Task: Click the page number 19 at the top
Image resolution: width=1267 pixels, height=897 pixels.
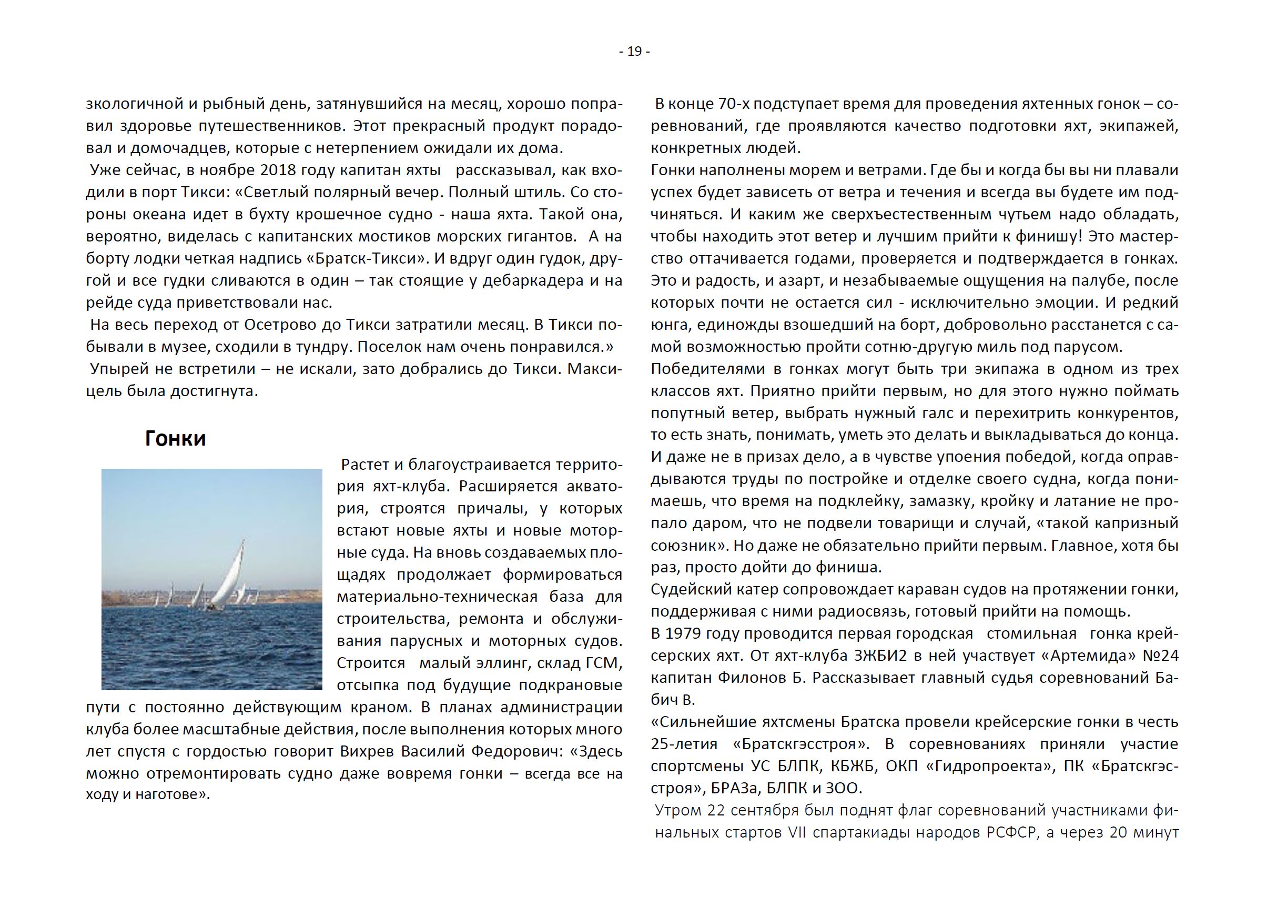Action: coord(634,52)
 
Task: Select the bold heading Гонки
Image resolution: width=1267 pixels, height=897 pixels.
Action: coord(175,438)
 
